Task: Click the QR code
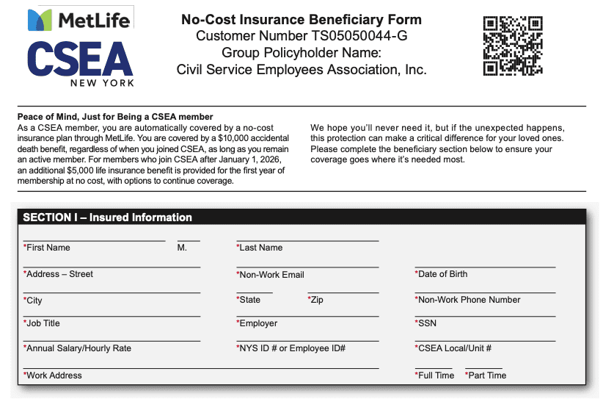[513, 46]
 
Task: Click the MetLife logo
[78, 20]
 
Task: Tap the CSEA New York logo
[81, 63]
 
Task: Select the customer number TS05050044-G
[348, 36]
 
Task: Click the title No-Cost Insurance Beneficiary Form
[301, 19]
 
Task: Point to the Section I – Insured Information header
[108, 218]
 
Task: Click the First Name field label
[47, 248]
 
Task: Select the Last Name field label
[260, 248]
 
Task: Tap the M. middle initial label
[183, 248]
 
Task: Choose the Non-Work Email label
[271, 275]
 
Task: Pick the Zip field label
[315, 300]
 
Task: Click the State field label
[249, 300]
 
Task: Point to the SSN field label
[427, 323]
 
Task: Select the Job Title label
[42, 323]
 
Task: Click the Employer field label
[257, 323]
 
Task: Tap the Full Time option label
[435, 375]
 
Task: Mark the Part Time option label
[486, 375]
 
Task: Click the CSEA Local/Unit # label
[453, 348]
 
